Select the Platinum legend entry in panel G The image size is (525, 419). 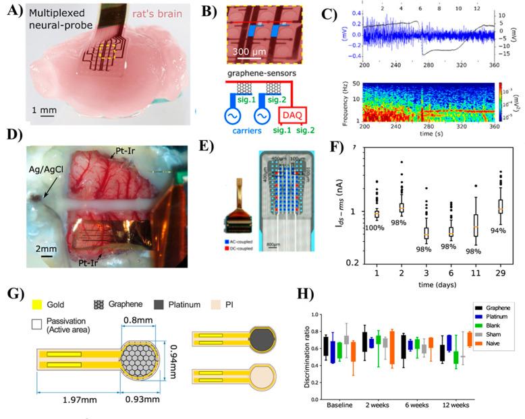[x=216, y=305]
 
